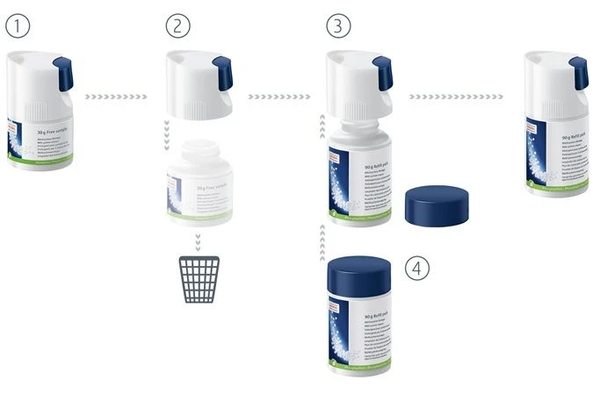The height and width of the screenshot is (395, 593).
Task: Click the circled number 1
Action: click(18, 26)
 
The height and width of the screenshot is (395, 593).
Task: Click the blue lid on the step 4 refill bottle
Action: click(358, 276)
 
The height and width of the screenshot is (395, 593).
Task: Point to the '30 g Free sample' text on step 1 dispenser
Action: click(53, 129)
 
